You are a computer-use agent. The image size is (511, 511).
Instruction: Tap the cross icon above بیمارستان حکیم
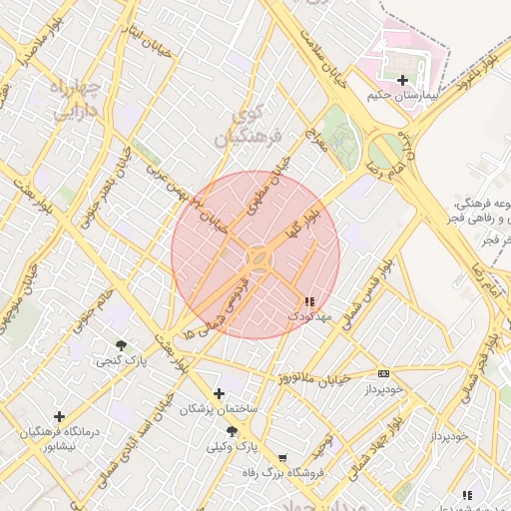[x=401, y=80]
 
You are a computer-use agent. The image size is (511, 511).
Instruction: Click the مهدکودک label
[x=308, y=315]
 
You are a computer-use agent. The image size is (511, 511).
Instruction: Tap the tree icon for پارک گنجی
[x=122, y=344]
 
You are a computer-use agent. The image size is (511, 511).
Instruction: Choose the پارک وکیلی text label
[x=233, y=449]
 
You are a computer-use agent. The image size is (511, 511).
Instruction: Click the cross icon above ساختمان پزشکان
[x=219, y=393]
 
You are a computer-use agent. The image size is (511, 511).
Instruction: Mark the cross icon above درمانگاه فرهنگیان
[x=59, y=416]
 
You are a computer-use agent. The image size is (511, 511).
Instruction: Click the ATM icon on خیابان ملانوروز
[x=383, y=373]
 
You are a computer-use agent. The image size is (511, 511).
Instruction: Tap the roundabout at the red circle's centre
[x=257, y=257]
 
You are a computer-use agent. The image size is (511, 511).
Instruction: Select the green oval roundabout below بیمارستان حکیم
[x=384, y=152]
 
